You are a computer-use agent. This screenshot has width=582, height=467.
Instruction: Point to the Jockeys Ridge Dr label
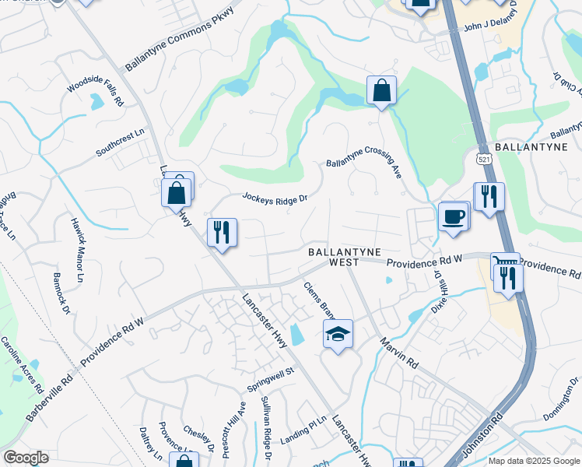point(275,199)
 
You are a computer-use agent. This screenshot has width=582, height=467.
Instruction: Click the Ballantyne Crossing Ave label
point(363,164)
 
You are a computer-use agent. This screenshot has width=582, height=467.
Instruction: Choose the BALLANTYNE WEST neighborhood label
point(344,258)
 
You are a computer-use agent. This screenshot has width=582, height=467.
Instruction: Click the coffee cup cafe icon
point(453,217)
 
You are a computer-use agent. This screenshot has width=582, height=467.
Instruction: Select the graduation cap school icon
point(337,334)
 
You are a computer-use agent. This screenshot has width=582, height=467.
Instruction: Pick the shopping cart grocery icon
point(504,265)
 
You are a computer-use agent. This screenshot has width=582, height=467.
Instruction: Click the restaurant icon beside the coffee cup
point(489,197)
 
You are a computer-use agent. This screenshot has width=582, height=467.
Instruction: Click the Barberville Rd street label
point(49,396)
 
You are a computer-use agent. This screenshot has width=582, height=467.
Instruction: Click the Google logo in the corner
point(26,458)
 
